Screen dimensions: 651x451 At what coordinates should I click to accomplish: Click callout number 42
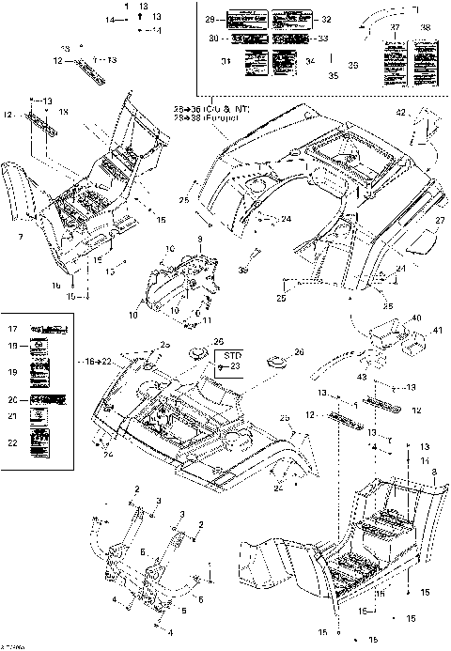click(400, 113)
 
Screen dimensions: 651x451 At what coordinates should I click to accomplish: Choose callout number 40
click(414, 318)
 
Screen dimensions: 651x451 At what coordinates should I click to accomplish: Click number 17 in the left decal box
click(12, 329)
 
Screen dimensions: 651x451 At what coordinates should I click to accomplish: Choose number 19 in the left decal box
click(12, 372)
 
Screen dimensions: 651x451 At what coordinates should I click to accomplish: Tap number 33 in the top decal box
click(324, 39)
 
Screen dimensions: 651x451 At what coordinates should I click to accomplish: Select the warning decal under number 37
click(394, 60)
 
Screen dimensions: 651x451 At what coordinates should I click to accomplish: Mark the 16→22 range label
click(88, 360)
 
